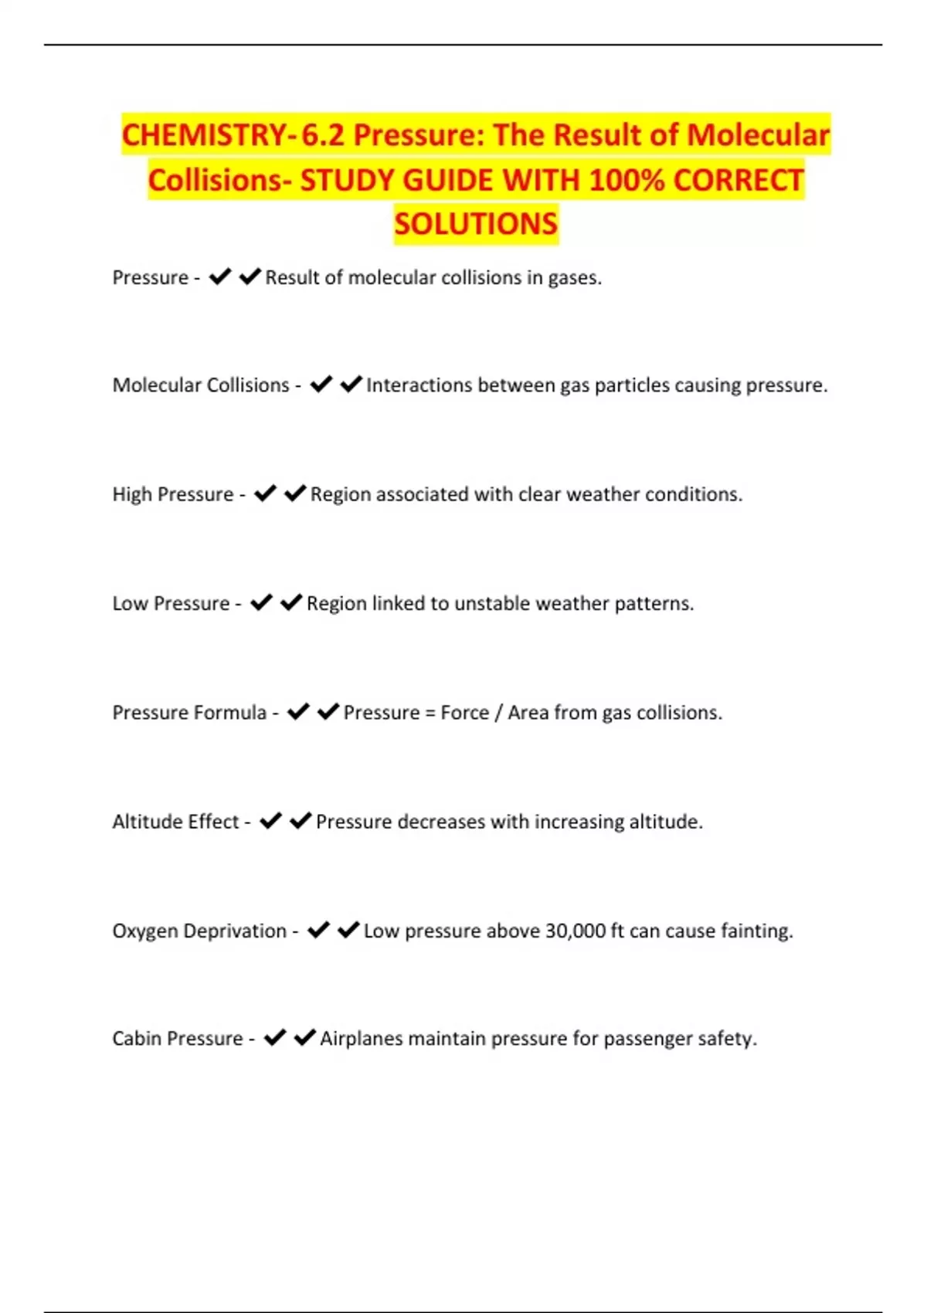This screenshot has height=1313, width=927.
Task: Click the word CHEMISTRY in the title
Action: pos(205,135)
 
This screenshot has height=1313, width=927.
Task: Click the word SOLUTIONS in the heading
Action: pos(476,224)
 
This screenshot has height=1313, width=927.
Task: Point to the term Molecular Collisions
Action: pos(201,385)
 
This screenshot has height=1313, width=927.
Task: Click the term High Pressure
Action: pos(173,494)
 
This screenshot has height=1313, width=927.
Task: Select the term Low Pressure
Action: pos(171,603)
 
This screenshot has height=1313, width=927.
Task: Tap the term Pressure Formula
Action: pos(189,712)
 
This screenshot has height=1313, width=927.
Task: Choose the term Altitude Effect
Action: pos(175,822)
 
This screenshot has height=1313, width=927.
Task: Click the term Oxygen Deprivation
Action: pos(199,931)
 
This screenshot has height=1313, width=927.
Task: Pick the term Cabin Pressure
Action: pos(178,1039)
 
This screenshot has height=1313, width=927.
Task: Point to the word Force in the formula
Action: pos(464,712)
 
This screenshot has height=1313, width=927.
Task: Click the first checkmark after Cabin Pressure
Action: pos(275,1037)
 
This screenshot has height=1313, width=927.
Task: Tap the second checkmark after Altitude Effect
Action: pos(301,820)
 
